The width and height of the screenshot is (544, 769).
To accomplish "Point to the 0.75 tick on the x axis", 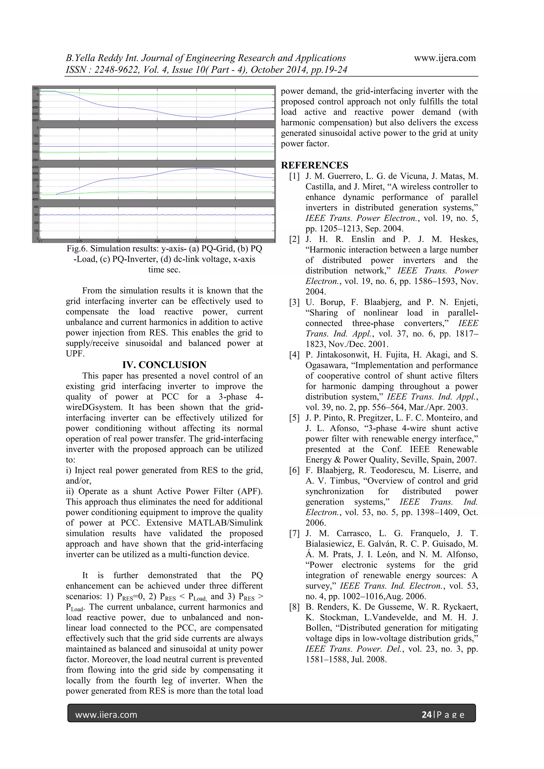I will pyautogui.click(x=79, y=241).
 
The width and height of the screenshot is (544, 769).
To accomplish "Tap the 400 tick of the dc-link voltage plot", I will pyautogui.click(x=36, y=207).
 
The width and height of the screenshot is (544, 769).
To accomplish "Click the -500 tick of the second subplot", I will pyautogui.click(x=36, y=136).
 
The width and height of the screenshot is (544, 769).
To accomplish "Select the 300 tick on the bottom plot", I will pyautogui.click(x=36, y=215).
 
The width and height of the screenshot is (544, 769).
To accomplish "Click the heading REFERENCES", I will pyautogui.click(x=314, y=165).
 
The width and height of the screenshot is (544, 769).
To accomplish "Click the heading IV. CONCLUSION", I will pyautogui.click(x=164, y=365).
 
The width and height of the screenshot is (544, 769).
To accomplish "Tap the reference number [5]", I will pyautogui.click(x=294, y=418).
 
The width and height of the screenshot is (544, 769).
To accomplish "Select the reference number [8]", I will pyautogui.click(x=294, y=607).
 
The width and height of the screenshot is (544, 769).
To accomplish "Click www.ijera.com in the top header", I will pyautogui.click(x=444, y=58).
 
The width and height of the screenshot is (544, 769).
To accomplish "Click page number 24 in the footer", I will pyautogui.click(x=426, y=715).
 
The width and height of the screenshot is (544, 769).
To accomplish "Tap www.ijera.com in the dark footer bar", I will pyautogui.click(x=106, y=715).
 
